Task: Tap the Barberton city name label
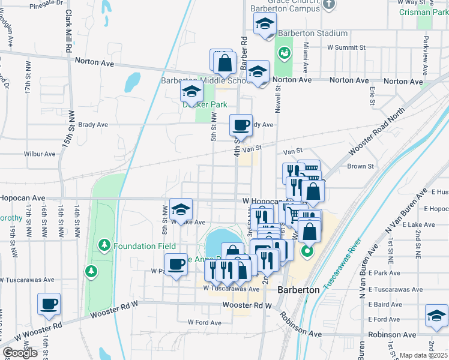tap(298, 290)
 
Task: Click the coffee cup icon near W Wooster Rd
tap(49, 304)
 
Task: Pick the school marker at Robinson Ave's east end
tap(436, 316)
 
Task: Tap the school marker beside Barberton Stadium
tap(264, 25)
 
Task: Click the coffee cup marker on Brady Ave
tap(241, 125)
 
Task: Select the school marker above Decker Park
tap(191, 91)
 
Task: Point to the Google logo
tap(20, 353)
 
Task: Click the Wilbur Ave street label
tap(40, 154)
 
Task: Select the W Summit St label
tap(346, 47)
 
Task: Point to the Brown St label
tap(360, 166)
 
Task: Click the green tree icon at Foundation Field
tap(104, 245)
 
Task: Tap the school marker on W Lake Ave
tap(181, 209)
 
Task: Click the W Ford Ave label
tap(205, 322)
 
